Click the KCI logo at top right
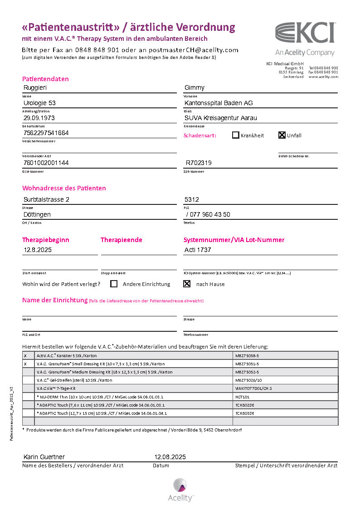(305, 34)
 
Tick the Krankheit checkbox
(235, 135)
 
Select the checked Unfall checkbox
(282, 135)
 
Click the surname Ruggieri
(35, 87)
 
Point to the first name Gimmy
(195, 87)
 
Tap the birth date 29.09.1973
(39, 118)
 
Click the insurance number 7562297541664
(46, 133)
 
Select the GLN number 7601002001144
(46, 163)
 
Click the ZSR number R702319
(199, 163)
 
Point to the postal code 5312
(192, 199)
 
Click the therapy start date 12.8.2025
(39, 250)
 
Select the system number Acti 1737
(198, 250)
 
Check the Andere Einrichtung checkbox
(114, 284)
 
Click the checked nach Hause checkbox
(186, 284)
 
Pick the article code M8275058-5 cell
(247, 356)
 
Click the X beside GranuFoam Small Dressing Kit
(25, 364)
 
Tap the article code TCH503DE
(245, 413)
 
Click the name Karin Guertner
(44, 457)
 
